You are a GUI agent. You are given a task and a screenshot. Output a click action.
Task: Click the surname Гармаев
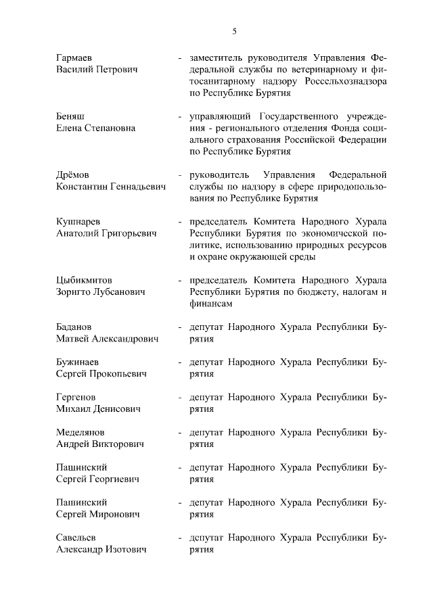pos(75,57)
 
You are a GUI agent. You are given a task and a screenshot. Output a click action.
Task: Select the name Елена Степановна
pos(95,128)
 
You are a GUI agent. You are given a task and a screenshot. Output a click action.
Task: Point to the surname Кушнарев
pos(78,221)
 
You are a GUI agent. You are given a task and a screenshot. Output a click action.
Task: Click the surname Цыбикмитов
pos(85,280)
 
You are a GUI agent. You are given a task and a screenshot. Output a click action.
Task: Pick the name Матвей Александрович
pos(107,339)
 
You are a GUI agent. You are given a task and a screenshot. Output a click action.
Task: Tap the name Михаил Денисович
pos(98,409)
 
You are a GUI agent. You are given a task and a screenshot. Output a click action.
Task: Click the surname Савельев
pos(78,538)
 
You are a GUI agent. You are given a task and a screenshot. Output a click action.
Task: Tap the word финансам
pos(211,304)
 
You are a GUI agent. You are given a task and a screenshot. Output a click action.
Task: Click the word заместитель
pos(219,57)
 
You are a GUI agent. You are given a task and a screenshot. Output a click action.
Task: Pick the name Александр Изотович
pos(101,550)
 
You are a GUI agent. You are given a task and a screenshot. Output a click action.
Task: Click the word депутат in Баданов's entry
pos(207,327)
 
